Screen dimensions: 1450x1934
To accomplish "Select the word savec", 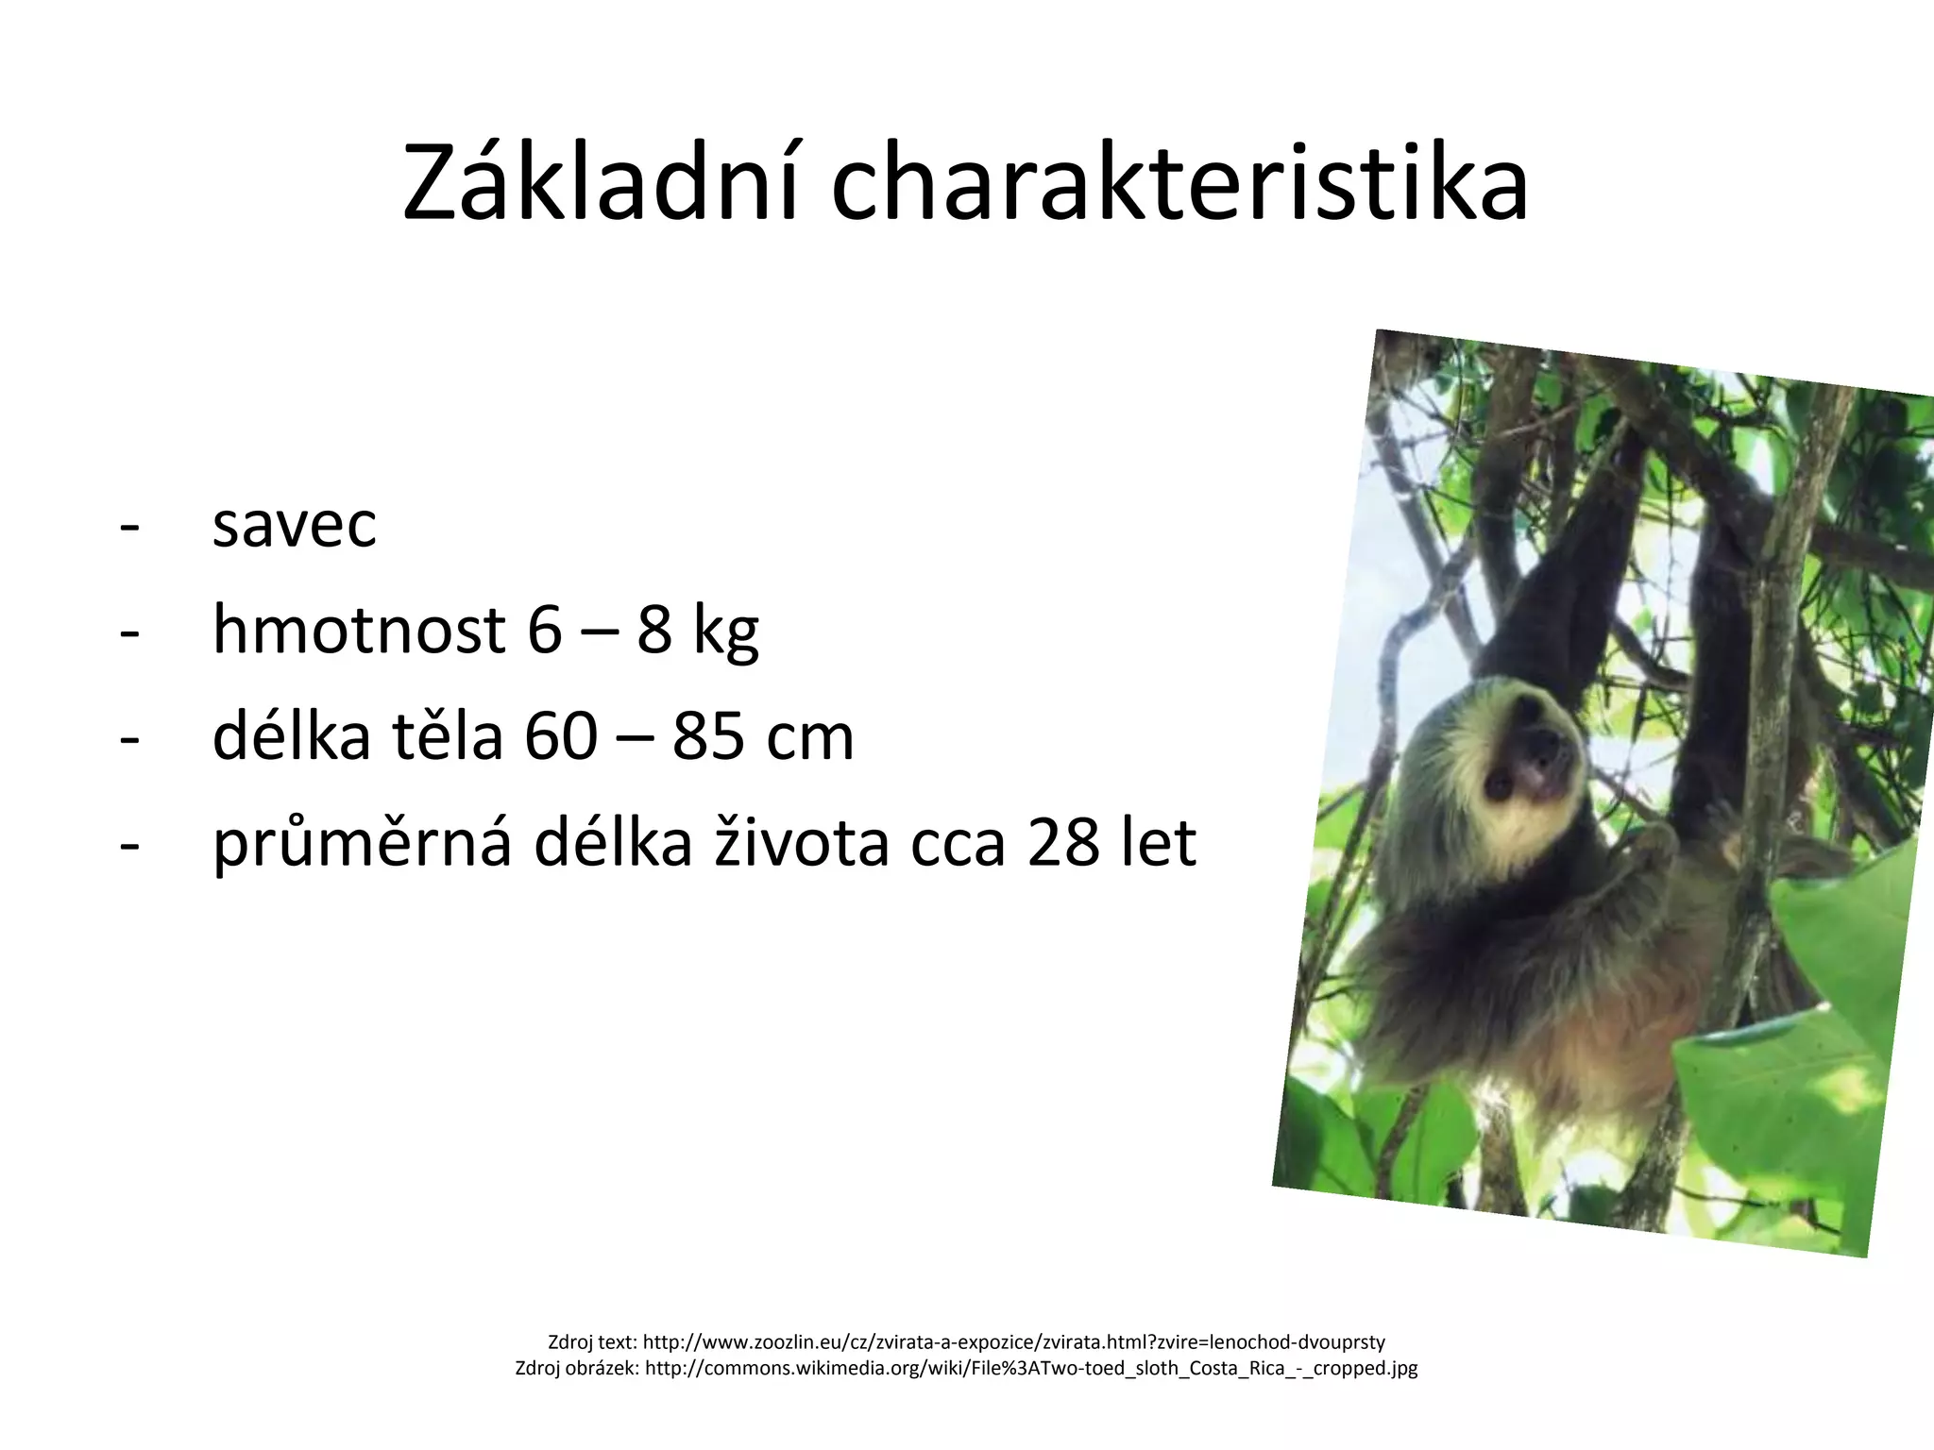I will click(x=294, y=525).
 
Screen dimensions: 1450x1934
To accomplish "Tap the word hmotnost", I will click(x=359, y=630).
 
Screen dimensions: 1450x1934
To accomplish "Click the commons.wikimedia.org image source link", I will click(x=1030, y=1368).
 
